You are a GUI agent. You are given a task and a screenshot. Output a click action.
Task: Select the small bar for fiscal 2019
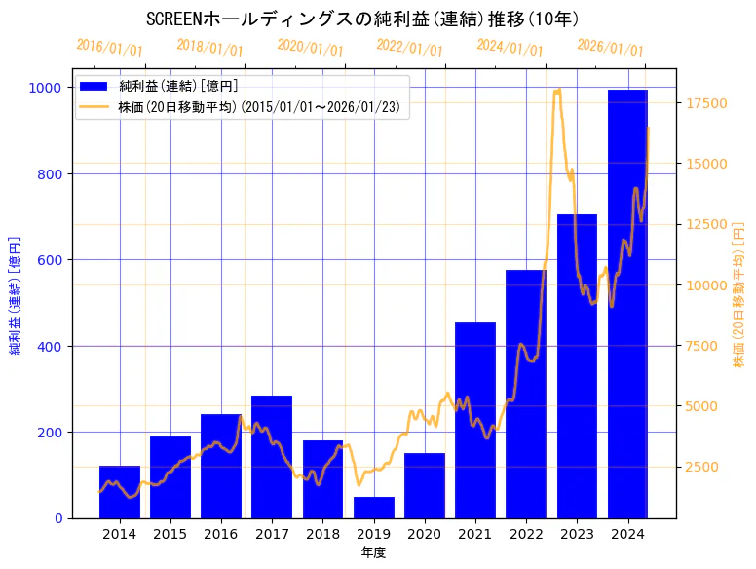tap(374, 508)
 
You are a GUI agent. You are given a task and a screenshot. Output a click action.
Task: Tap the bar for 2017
tap(272, 457)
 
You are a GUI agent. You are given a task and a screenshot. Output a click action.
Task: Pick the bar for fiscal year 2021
tap(475, 420)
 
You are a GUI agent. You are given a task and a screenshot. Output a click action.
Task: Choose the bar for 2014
tap(120, 492)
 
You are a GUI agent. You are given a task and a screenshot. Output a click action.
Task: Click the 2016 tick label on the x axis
tap(221, 534)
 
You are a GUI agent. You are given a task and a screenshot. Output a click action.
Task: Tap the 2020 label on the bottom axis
tap(425, 534)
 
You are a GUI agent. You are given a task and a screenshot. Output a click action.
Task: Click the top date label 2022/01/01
tap(409, 48)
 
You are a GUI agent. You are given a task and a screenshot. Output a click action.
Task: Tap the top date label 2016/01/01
tap(109, 48)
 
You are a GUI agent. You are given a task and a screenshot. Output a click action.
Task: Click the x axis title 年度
tap(373, 552)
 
